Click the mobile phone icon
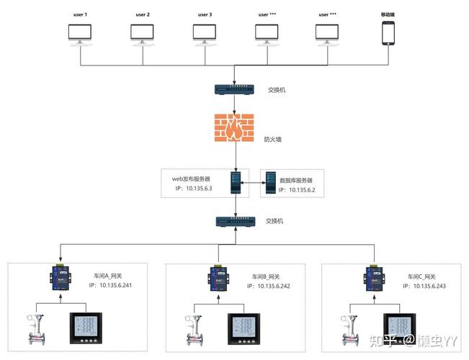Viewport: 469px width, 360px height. (389, 33)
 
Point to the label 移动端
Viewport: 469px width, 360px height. (389, 14)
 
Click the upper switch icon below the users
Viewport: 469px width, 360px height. (234, 89)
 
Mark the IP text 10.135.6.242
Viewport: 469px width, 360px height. (268, 286)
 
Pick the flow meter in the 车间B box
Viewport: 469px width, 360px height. (195, 328)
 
